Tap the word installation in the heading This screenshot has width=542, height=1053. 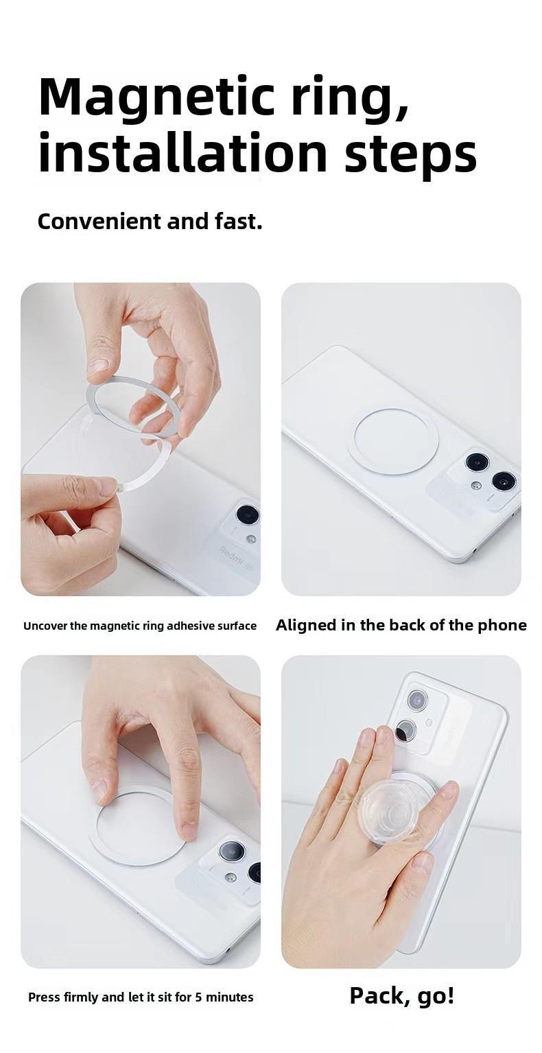click(182, 153)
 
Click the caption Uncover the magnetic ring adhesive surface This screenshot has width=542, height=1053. click(140, 626)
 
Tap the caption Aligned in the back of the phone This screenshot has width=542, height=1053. click(401, 625)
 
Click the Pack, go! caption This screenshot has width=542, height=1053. click(401, 995)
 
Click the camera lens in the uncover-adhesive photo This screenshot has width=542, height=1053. click(248, 514)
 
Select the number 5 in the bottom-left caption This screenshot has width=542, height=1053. click(199, 997)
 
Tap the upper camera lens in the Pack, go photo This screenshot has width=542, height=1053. click(417, 700)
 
